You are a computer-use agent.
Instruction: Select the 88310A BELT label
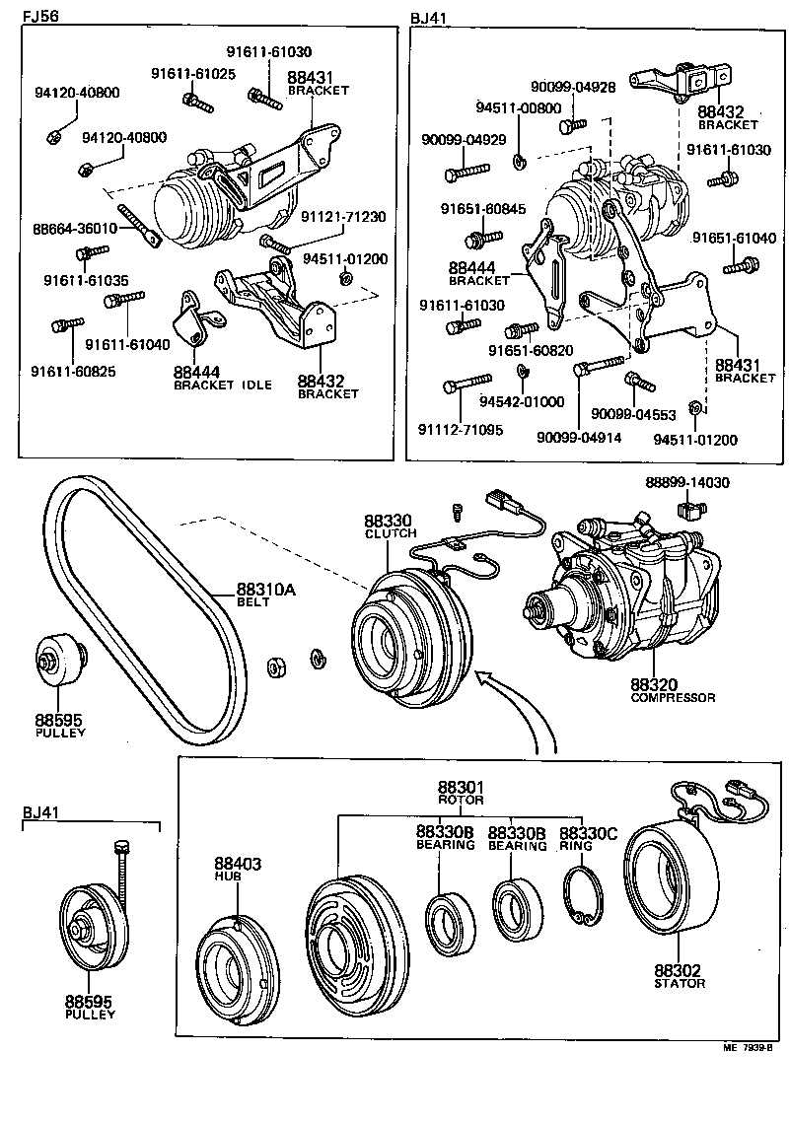pos(266,596)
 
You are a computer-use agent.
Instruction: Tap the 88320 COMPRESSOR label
pos(673,689)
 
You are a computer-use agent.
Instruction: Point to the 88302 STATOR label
pos(681,975)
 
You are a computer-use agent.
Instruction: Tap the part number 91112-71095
pos(460,430)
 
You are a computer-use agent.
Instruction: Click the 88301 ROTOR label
pos(461,792)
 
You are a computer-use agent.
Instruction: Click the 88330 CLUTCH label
pos(387,526)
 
